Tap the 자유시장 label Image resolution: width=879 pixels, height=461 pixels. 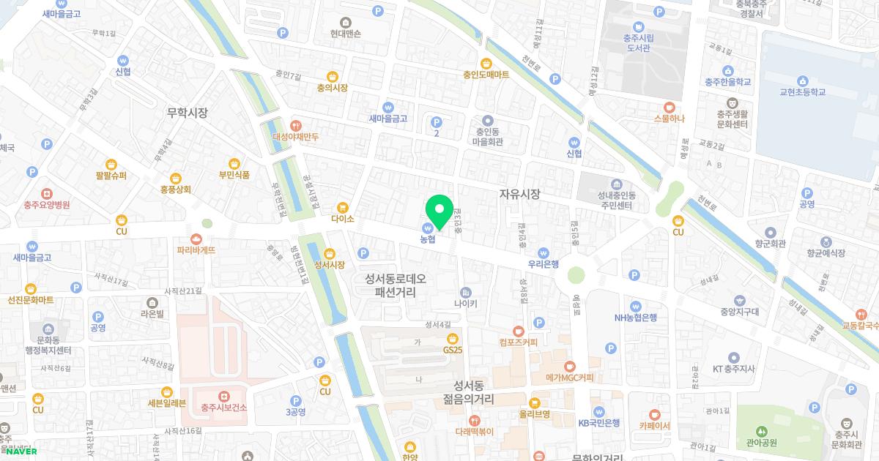pos(519,195)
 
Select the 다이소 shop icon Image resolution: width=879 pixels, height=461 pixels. pos(342,207)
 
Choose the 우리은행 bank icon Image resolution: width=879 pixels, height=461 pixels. pos(544,252)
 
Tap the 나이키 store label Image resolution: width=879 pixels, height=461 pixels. pos(466,304)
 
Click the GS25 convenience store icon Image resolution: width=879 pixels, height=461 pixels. pos(453,338)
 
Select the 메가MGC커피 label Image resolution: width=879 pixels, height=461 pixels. pos(570,378)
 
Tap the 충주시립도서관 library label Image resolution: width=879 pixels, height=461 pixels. pos(638,42)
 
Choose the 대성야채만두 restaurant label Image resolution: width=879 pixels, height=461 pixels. pos(295,137)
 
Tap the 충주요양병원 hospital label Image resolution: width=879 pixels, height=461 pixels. pos(46,205)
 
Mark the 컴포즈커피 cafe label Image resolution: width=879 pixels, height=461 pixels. pos(519,342)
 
